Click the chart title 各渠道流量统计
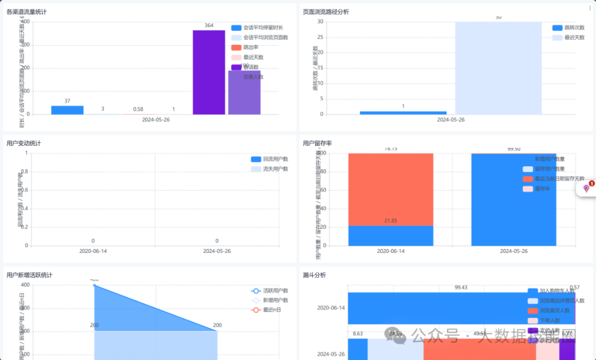(26, 12)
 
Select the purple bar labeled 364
(209, 72)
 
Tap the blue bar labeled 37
(67, 110)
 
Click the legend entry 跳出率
(251, 47)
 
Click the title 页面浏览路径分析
(326, 12)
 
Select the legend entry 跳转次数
(571, 28)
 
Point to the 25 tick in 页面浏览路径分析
(320, 37)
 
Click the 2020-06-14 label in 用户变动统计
(93, 251)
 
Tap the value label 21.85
(391, 221)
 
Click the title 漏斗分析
(314, 275)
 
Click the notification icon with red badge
(587, 188)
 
